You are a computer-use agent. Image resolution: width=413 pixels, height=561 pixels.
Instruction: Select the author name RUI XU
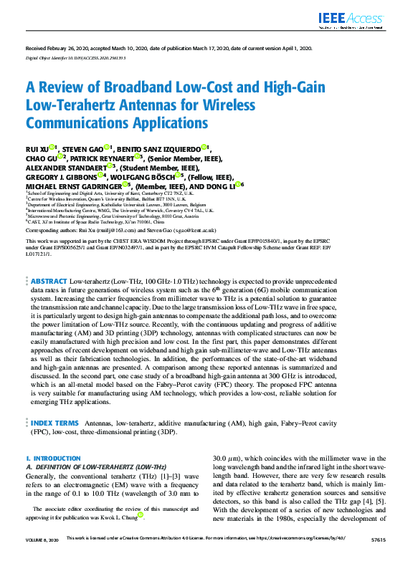[37, 149]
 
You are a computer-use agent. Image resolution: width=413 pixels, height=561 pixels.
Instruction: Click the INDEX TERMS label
[55, 423]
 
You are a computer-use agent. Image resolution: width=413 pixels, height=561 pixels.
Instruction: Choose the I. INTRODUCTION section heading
[48, 458]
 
